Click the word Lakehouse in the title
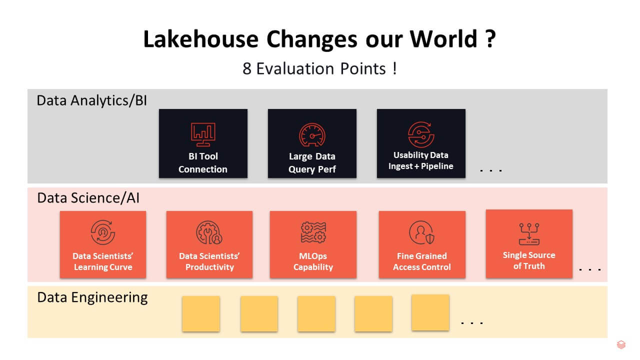coord(201,39)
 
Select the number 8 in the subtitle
coord(247,69)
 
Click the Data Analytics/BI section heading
coord(91,100)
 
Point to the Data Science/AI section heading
coord(88,198)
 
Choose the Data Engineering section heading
coord(92,297)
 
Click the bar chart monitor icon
coord(203,134)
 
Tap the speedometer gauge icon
coord(312,134)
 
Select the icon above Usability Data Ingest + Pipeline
coord(421,134)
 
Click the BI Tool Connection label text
coord(203,163)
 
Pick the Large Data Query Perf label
coord(312,163)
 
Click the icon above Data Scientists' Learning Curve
coord(103,232)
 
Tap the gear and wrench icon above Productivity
coord(209,232)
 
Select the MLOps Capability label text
coord(313,261)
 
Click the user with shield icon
coord(421,232)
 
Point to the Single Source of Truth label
coord(529,260)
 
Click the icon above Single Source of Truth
coord(529,234)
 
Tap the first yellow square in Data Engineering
coord(201,313)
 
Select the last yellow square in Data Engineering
coord(430,312)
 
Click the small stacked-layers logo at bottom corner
coord(621,344)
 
